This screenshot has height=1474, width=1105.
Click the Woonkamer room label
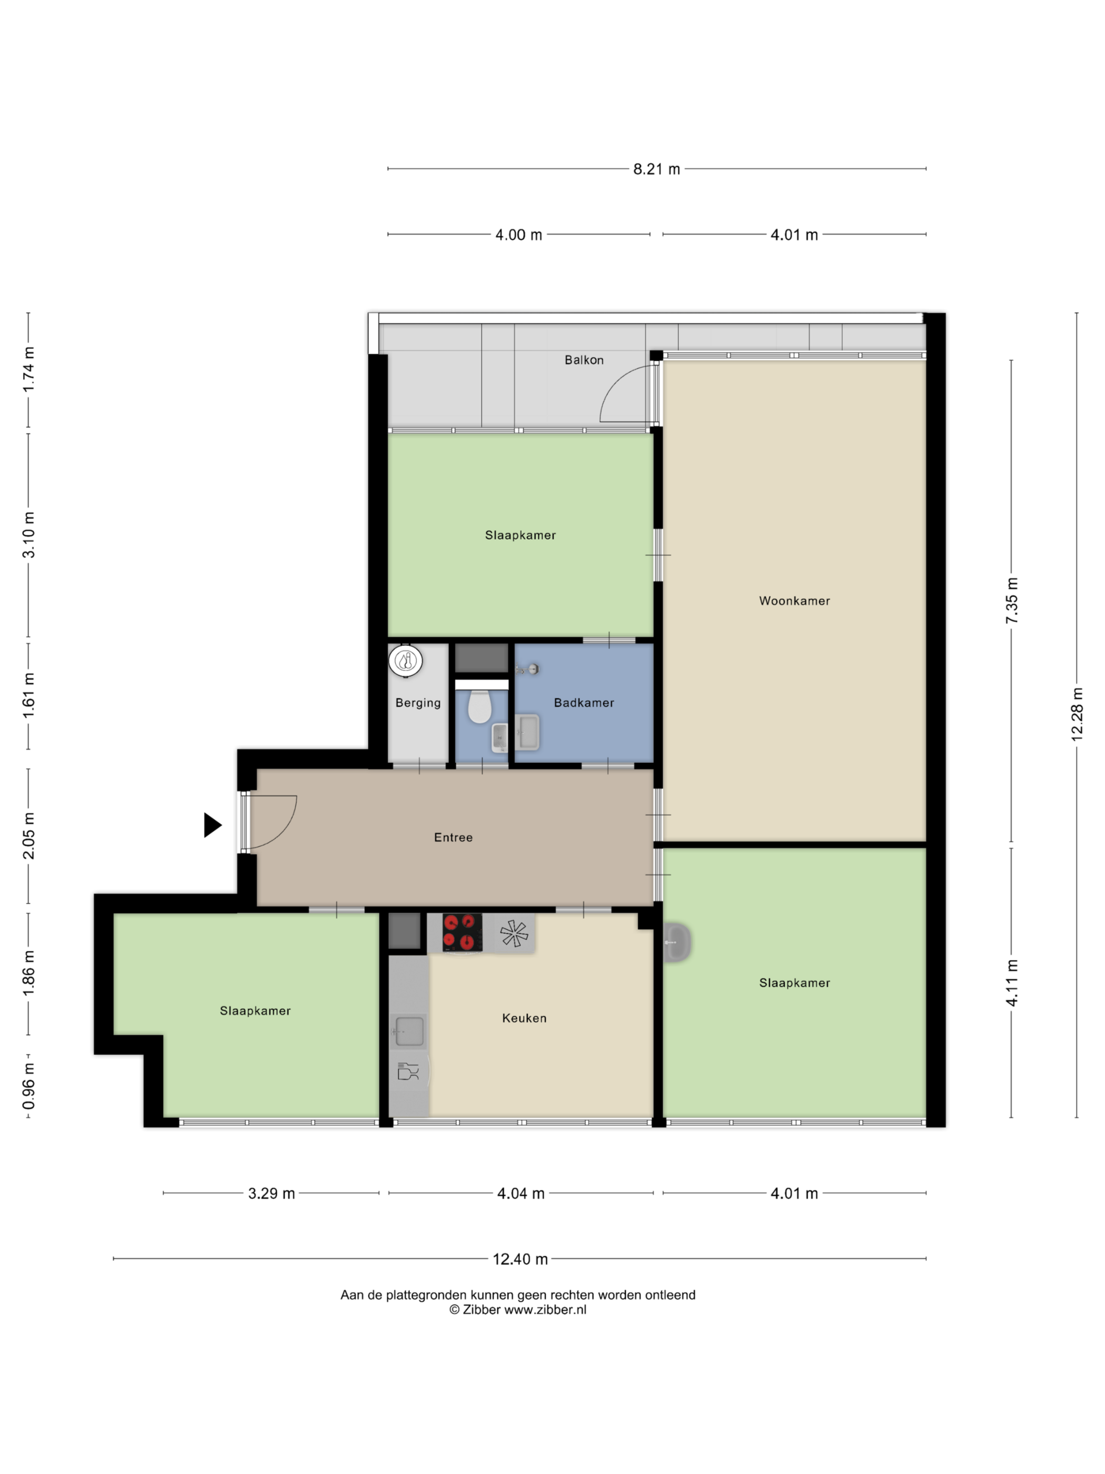point(794,601)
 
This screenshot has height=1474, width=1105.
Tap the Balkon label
point(584,360)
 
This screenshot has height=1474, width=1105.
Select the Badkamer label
point(584,702)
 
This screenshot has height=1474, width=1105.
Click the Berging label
point(418,703)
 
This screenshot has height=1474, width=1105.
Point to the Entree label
point(453,838)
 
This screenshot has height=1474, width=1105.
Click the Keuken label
point(524,1018)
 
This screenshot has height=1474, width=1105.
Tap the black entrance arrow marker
point(212,825)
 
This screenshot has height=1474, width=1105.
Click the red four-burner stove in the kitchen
point(462,932)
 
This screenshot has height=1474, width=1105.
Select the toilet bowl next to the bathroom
point(479,706)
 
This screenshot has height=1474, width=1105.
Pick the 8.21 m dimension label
point(656,170)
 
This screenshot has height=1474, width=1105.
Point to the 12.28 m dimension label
point(1077,714)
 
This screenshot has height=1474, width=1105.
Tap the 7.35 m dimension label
point(1012,601)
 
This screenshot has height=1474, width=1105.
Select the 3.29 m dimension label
point(271,1193)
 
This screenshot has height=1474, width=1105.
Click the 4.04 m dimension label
point(521,1193)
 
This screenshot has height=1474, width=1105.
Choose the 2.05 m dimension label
point(28,835)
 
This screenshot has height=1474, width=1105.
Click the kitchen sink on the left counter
point(409,1031)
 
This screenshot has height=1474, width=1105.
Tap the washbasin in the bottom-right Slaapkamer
point(677,942)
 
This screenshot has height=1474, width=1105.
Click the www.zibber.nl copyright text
point(518,1309)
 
